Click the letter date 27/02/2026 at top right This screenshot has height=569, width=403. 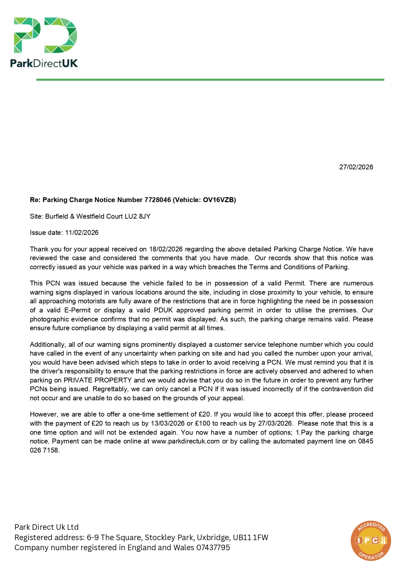[356, 167]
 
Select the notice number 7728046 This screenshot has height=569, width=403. [157, 200]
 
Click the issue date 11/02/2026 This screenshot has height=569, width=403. [82, 233]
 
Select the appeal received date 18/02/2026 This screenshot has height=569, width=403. [166, 249]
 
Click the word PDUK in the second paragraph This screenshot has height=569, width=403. [163, 310]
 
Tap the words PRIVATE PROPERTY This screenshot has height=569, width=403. [97, 380]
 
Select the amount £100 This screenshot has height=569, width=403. [202, 423]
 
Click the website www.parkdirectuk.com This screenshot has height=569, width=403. [185, 441]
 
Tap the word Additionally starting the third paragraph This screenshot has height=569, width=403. [48, 345]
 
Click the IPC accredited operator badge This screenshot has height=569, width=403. [371, 540]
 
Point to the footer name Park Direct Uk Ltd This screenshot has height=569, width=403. [46, 527]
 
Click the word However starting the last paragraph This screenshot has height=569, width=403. [44, 414]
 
